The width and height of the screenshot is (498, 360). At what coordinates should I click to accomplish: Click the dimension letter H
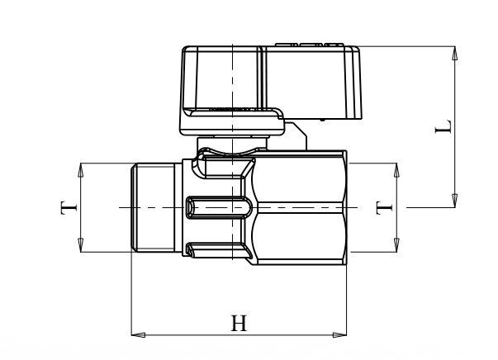pyautogui.click(x=239, y=323)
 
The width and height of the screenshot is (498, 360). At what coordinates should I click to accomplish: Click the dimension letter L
pyautogui.click(x=443, y=126)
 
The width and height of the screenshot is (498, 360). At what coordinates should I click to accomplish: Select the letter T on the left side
pyautogui.click(x=69, y=207)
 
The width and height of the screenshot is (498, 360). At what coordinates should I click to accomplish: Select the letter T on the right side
pyautogui.click(x=384, y=207)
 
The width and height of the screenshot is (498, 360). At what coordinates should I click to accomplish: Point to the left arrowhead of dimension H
pyautogui.click(x=138, y=334)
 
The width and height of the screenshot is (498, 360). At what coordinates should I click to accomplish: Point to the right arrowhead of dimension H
pyautogui.click(x=339, y=334)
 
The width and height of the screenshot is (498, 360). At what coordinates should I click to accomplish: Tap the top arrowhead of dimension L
pyautogui.click(x=455, y=54)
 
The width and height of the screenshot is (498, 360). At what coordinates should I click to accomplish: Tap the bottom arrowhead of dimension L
pyautogui.click(x=455, y=201)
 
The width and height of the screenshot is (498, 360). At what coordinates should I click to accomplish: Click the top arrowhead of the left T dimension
pyautogui.click(x=80, y=170)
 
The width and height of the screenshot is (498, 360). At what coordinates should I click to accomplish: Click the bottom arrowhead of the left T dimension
pyautogui.click(x=80, y=245)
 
